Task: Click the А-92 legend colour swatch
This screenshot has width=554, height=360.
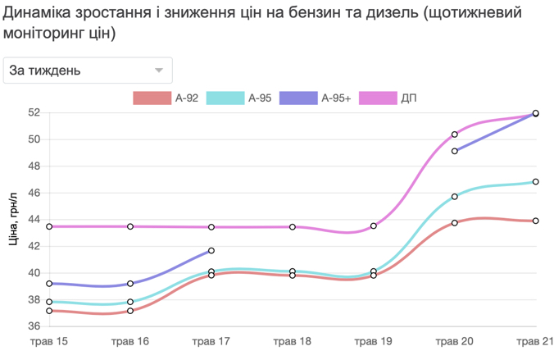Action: tap(151, 98)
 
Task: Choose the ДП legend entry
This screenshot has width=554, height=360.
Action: tap(397, 98)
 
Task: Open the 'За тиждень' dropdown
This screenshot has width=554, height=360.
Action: tap(88, 71)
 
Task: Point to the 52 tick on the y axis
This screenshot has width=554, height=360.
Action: tap(34, 112)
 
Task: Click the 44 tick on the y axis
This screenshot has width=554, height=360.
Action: tap(34, 220)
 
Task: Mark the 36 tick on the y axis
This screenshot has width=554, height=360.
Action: tap(34, 326)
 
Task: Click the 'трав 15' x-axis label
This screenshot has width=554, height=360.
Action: tap(49, 341)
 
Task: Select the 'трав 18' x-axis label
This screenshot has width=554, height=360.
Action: tap(293, 341)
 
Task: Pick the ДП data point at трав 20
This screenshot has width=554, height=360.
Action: tap(455, 134)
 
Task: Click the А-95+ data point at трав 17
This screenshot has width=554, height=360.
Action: tap(211, 251)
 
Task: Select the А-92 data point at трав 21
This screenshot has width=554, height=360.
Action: tap(535, 221)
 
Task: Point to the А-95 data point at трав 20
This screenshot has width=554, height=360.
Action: tap(455, 197)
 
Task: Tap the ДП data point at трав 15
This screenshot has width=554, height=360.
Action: tap(49, 226)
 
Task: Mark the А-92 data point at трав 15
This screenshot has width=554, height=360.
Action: tap(49, 311)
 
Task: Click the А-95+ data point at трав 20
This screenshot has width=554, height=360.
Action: tap(455, 151)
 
